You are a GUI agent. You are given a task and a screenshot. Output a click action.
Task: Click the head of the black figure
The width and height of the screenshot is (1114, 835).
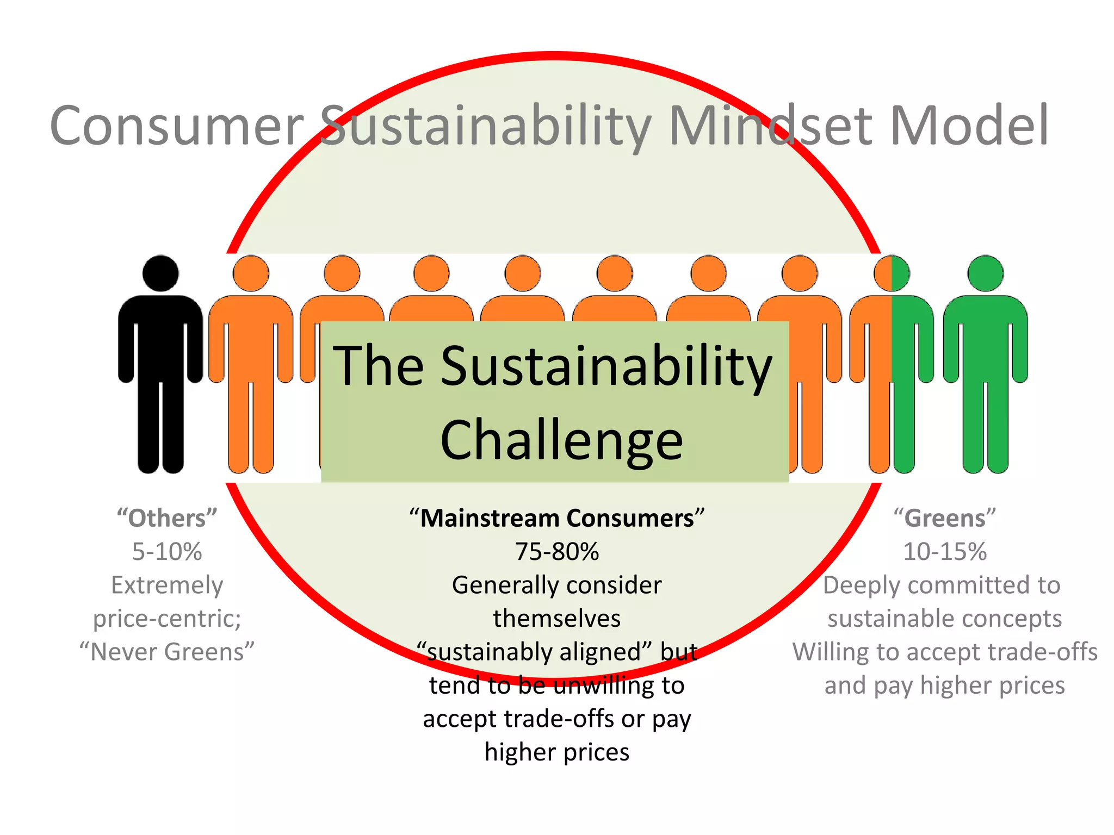coord(160,273)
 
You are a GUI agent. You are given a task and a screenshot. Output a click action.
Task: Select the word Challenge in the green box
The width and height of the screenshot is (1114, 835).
coord(561,440)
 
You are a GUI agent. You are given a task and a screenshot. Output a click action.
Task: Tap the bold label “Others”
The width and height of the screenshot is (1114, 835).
coord(167,518)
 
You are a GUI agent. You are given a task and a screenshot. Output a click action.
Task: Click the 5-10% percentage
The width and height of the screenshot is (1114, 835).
coord(167,552)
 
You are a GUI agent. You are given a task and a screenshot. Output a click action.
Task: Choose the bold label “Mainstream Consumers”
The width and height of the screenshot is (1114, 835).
coord(557,518)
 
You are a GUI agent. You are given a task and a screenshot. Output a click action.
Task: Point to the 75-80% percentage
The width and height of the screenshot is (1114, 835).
coord(557,552)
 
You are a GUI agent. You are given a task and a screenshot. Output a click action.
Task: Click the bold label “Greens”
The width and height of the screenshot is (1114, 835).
coord(945,518)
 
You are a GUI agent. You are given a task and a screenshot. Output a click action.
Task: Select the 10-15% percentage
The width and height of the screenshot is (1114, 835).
coord(945,552)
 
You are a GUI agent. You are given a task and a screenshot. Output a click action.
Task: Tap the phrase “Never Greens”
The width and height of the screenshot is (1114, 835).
coord(167,652)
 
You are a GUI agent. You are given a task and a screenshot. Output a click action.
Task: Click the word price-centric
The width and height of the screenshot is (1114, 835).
coord(167,619)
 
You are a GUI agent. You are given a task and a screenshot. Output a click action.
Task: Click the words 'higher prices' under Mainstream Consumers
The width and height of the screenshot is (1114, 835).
coord(557,752)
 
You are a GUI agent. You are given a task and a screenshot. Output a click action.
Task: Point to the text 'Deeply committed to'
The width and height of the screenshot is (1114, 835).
coord(942,585)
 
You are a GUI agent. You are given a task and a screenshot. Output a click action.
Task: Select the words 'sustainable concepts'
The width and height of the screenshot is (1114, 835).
coord(945,619)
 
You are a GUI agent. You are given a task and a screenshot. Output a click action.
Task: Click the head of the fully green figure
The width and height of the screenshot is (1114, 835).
coord(985,273)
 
